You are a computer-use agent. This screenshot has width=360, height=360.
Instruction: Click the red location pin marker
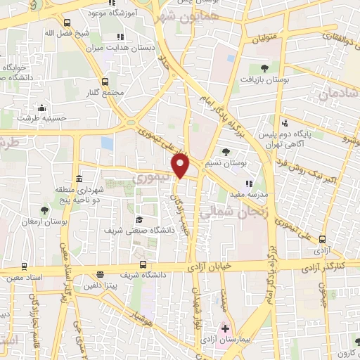tap(181, 166)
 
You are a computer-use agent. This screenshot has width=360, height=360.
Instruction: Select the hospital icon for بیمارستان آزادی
tap(226, 328)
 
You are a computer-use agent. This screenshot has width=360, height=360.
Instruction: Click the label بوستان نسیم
tap(224, 162)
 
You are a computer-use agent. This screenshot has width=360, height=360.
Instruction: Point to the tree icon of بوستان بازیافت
tap(264, 68)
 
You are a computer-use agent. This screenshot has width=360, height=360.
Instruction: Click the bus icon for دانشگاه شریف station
tap(143, 264)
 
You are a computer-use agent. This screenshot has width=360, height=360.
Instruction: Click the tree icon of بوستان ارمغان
tap(44, 210)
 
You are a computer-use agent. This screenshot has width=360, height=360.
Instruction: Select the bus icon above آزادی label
tap(322, 239)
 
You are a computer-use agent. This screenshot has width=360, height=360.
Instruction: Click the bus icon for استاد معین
tap(25, 266)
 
